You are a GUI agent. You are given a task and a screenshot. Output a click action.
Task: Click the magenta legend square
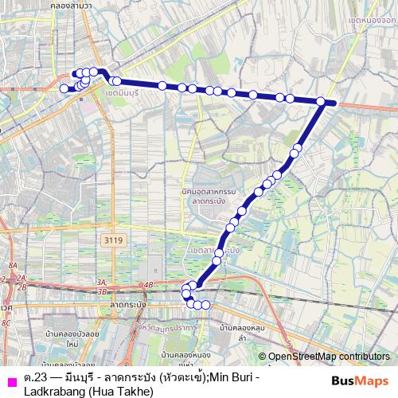click(10, 379)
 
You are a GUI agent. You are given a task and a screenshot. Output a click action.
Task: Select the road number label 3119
click(114, 239)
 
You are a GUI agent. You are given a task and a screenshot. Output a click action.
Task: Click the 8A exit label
click(12, 265)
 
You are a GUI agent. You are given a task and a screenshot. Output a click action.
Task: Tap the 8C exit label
click(6, 322)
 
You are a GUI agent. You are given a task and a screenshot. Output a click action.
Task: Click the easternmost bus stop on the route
click(321, 101)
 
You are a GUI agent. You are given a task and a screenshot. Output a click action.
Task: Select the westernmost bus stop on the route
click(64, 88)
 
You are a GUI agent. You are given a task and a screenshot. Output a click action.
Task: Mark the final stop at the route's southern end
click(206, 304)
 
